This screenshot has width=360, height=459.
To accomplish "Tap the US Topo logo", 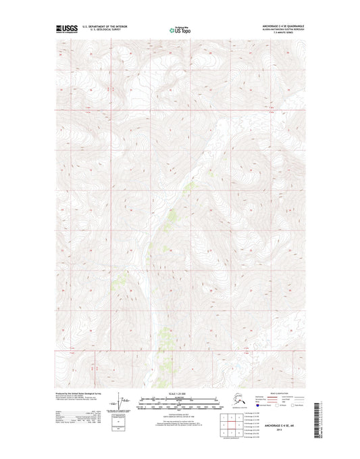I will (180, 30).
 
